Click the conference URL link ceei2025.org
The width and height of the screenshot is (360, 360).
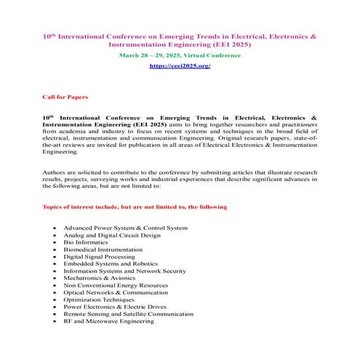tap(180, 65)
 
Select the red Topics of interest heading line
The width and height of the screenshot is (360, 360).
tap(135, 207)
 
